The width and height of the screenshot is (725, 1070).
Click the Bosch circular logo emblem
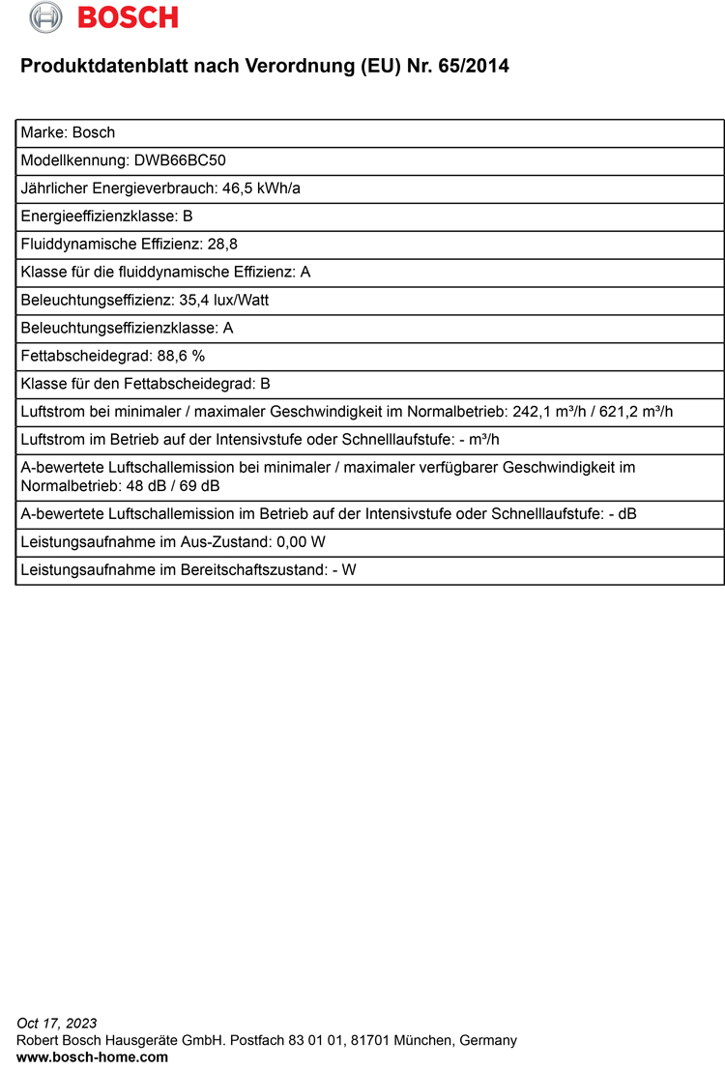tap(45, 16)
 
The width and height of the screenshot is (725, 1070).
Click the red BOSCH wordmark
tap(128, 17)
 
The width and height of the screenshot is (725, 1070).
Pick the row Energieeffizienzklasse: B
tap(106, 217)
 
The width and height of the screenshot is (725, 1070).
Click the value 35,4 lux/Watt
tap(223, 301)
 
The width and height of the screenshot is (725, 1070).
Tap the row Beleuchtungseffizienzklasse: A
tap(127, 329)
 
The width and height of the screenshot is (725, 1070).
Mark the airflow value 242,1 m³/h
tap(548, 412)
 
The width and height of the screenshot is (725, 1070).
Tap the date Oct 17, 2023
tap(57, 1023)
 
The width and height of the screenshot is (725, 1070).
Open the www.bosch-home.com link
tap(92, 1057)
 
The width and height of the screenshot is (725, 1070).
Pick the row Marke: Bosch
tap(68, 132)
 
